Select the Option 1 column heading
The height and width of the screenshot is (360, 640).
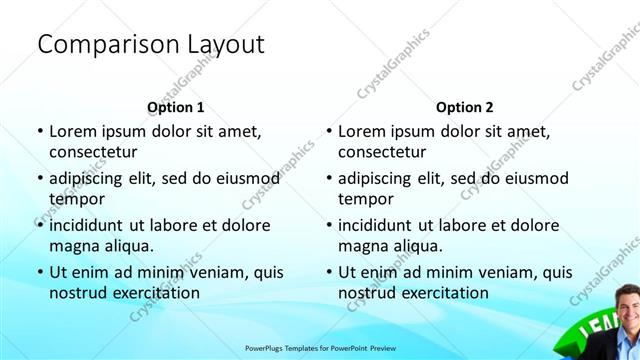tap(175, 107)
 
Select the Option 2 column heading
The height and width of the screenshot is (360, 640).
tap(465, 107)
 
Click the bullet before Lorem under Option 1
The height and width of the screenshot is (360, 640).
tap(39, 131)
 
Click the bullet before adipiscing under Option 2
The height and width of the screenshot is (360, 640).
tap(328, 178)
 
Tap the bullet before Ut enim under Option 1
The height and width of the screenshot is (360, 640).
tap(39, 272)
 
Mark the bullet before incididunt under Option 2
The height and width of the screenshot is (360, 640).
tap(328, 225)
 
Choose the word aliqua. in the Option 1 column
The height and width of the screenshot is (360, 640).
tap(126, 246)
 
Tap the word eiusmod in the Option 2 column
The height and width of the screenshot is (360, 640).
tap(534, 178)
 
